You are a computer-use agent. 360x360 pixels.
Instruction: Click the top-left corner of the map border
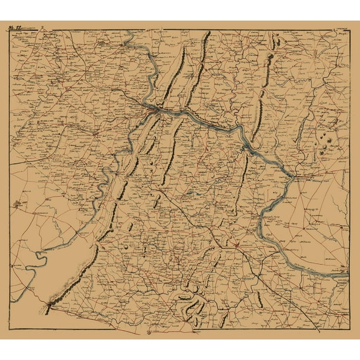pyautogui.click(x=9, y=30)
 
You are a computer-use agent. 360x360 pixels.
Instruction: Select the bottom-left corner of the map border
pyautogui.click(x=9, y=328)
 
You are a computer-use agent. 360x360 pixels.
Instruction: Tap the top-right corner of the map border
pyautogui.click(x=350, y=30)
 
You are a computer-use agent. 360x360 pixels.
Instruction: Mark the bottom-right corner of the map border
pyautogui.click(x=350, y=328)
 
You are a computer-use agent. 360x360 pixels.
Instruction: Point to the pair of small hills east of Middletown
pyautogui.click(x=274, y=43)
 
